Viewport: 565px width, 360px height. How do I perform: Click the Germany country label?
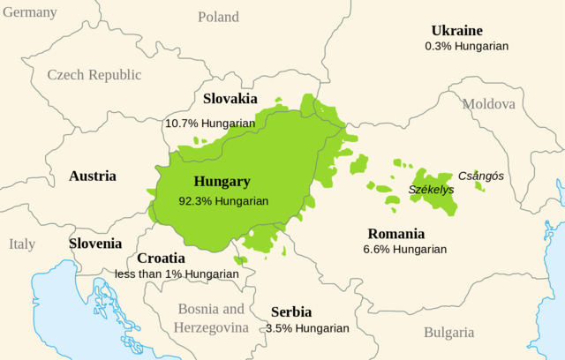(29, 12)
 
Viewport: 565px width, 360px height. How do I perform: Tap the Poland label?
(218, 17)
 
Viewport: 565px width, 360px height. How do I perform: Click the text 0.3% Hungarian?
(466, 45)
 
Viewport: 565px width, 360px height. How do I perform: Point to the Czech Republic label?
(94, 75)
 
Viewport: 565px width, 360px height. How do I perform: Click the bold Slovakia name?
(230, 99)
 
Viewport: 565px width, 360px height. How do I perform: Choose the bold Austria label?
(93, 176)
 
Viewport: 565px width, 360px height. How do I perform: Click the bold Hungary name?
(222, 183)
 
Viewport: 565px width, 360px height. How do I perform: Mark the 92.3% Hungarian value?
(223, 200)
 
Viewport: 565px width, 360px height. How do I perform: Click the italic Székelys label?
(431, 189)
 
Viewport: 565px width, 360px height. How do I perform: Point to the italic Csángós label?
(481, 176)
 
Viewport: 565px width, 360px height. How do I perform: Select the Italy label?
(23, 244)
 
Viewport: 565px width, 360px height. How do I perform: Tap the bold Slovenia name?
(95, 244)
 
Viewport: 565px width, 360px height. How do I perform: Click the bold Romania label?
(395, 235)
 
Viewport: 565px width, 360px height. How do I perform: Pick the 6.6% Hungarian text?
(404, 250)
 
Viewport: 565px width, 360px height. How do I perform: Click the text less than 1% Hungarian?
(177, 274)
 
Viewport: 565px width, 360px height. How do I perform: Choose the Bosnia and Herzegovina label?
(211, 319)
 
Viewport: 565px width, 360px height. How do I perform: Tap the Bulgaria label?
(448, 333)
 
